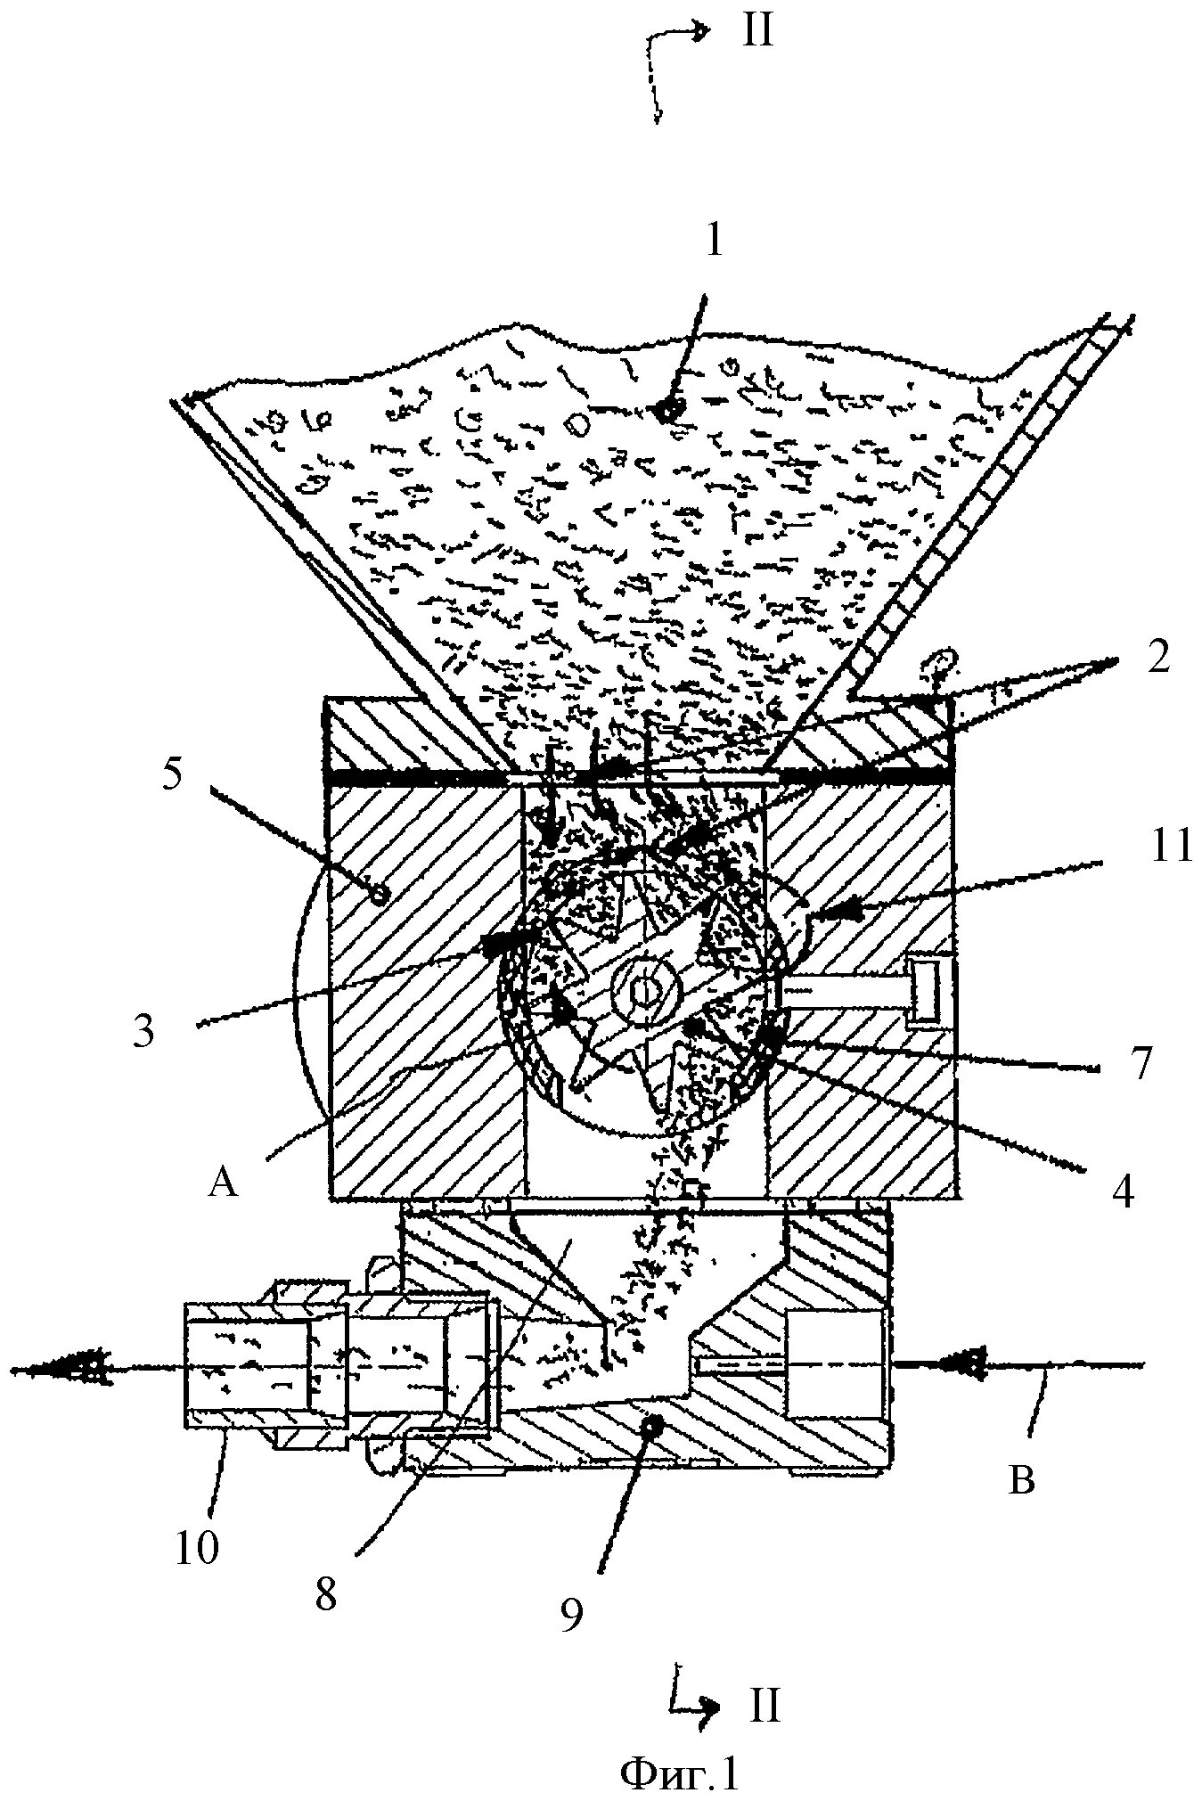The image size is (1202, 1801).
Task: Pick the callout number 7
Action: pos(1142,1062)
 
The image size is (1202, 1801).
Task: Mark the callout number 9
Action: pos(570,1612)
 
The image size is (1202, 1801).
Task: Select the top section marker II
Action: pos(756,34)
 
